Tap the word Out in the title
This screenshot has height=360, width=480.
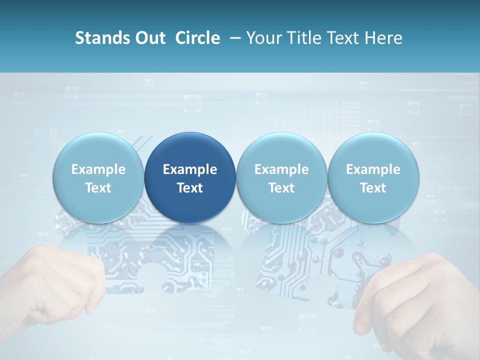148,38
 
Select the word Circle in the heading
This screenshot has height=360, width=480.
197,38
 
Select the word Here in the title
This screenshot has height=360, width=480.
383,38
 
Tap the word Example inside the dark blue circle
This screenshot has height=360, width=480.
190,169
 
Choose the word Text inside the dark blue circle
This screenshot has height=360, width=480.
190,188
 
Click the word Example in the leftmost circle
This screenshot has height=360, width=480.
98,169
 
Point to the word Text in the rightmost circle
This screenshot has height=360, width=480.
373,188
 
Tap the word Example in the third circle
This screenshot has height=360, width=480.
281,169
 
